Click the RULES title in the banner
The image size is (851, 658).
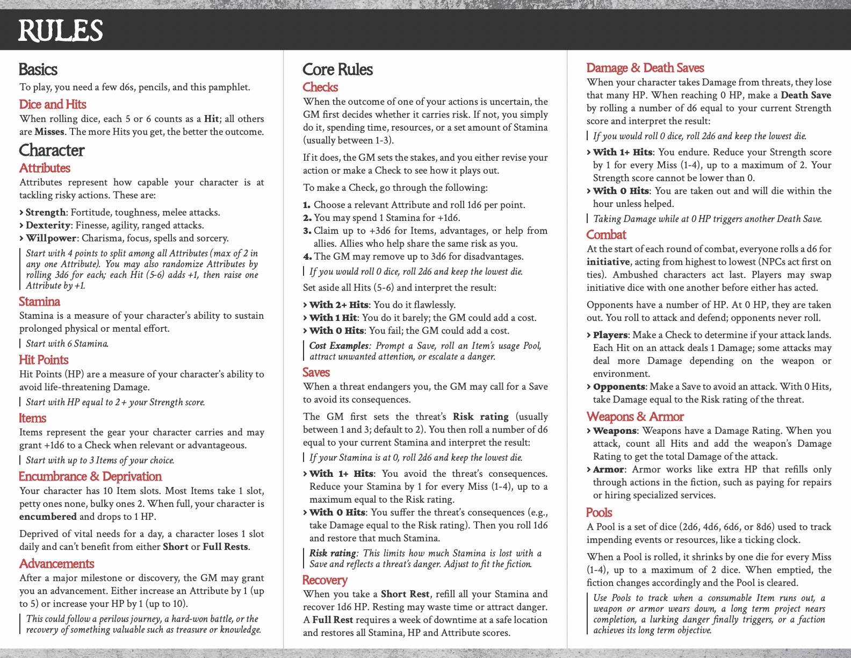[60, 31]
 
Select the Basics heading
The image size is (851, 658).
[38, 69]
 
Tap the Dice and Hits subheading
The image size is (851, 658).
[53, 104]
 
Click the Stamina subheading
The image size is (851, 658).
[39, 302]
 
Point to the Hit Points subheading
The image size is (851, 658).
[44, 360]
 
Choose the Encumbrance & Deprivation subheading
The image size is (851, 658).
[90, 476]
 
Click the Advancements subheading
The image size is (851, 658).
[56, 563]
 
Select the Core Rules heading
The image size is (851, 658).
[337, 69]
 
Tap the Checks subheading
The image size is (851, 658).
[320, 87]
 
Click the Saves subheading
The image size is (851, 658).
[316, 372]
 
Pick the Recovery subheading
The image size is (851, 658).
[324, 580]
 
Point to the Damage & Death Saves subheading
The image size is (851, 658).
[645, 68]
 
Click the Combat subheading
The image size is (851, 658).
[606, 234]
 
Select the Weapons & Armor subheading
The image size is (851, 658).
[635, 417]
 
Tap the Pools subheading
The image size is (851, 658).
[599, 512]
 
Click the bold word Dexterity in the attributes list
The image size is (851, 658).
[48, 225]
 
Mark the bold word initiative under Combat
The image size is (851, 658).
[608, 262]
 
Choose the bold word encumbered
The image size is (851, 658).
[48, 517]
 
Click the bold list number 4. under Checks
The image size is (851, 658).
[307, 256]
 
